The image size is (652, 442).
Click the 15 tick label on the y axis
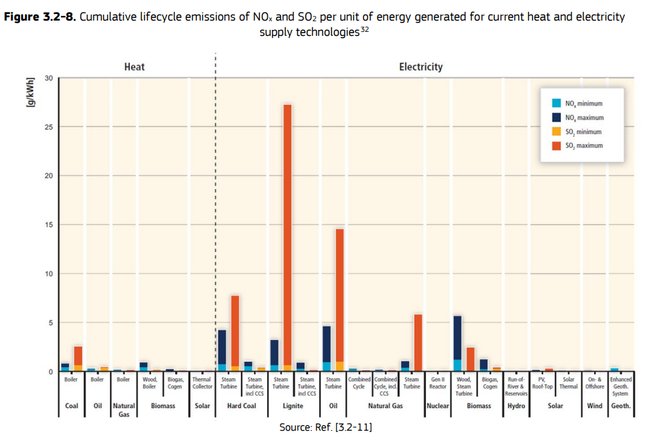tap(48, 225)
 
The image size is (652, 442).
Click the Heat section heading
tap(134, 67)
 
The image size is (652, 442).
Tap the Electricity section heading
tap(421, 67)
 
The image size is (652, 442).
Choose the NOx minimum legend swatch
tap(556, 104)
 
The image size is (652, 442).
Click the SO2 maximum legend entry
tap(584, 145)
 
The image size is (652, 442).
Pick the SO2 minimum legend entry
tap(584, 131)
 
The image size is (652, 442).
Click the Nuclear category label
tap(438, 405)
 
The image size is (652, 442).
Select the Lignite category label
tap(293, 405)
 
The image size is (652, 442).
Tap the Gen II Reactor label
tap(438, 383)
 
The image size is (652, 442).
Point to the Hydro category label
tap(516, 405)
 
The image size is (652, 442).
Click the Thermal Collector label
tap(202, 383)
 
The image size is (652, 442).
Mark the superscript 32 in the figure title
tap(364, 30)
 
